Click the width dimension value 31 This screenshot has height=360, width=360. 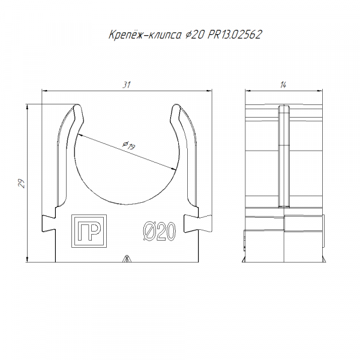point(126,85)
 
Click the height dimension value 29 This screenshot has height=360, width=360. point(22,184)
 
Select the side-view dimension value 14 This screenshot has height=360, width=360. point(283,85)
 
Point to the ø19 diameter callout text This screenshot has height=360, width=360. point(129,145)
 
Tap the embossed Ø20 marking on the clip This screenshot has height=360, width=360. point(160,232)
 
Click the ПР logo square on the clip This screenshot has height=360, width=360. point(89,231)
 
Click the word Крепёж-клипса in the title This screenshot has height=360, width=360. point(145,35)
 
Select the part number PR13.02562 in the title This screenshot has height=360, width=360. point(235,35)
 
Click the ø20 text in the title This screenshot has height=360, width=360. point(194,35)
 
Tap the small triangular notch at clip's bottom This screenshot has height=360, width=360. point(126,259)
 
